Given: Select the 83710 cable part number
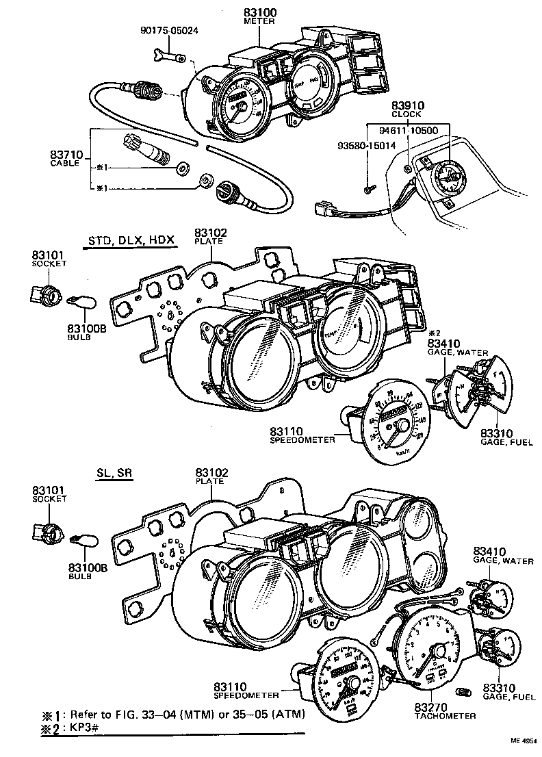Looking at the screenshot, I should click(66, 155).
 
